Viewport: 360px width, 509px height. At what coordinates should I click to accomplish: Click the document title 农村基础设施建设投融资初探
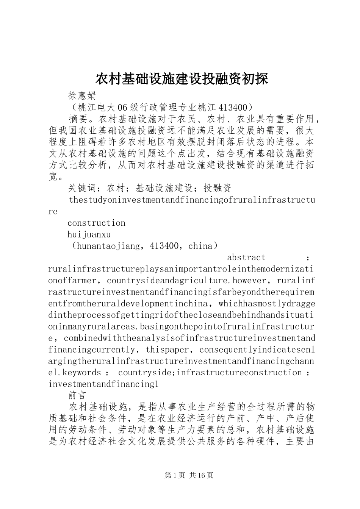coord(182,79)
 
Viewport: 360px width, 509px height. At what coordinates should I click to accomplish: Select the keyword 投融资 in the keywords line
coord(217,188)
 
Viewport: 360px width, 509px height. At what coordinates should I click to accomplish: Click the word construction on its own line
coord(96,223)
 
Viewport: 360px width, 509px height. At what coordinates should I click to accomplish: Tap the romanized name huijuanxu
coord(89,235)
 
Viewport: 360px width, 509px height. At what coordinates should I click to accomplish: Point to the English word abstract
coord(246,258)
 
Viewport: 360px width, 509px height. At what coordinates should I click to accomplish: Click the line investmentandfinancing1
coord(103,384)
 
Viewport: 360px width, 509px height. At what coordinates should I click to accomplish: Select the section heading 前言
coord(77,395)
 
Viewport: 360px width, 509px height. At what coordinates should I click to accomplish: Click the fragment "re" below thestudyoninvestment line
coord(53,212)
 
